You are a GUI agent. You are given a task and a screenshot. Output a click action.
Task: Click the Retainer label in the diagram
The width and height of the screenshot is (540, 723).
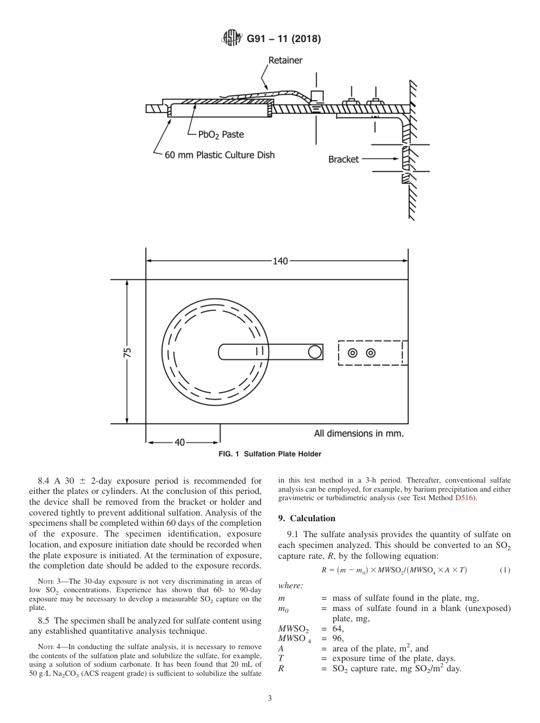coord(285,60)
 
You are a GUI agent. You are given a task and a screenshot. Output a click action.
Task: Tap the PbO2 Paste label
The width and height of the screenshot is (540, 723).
coord(221,135)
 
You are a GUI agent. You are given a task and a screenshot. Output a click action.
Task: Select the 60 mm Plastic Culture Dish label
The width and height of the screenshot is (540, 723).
coord(219,155)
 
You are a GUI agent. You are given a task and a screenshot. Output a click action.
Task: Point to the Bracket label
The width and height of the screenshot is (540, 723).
coord(343,159)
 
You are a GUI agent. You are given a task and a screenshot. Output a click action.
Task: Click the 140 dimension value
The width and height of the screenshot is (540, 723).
coord(280,261)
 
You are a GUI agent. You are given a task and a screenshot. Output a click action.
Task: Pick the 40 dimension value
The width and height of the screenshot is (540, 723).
coord(179,443)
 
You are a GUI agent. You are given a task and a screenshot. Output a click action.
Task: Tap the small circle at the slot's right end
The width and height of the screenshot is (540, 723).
coord(315,352)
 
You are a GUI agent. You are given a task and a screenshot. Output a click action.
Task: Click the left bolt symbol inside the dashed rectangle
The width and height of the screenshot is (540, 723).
coord(352,353)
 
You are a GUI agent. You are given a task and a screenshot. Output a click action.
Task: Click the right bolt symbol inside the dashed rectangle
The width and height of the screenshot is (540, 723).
coord(371,353)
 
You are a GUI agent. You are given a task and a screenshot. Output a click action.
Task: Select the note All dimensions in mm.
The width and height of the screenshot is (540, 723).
coord(359,433)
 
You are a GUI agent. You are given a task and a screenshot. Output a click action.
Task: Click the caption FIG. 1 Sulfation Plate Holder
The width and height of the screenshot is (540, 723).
coord(270,454)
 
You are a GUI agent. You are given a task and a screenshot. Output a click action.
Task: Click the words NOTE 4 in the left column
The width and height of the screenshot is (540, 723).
coord(47,646)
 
